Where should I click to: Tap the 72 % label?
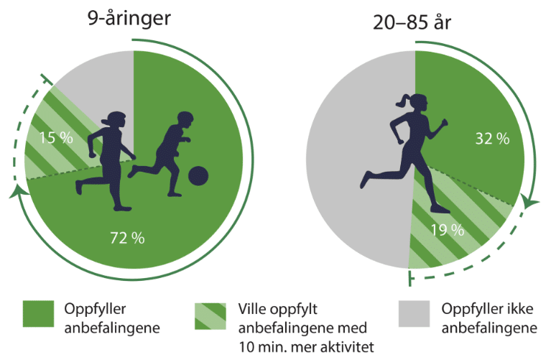[x=128, y=238]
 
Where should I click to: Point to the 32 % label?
[x=492, y=139]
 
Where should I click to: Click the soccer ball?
[x=198, y=175]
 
